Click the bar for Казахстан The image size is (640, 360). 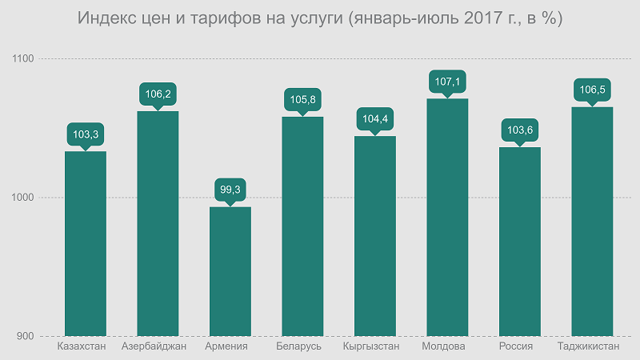coord(86,243)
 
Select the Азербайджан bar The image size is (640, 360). coord(158,223)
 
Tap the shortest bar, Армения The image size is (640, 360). coord(230,271)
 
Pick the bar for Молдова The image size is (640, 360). coord(447,217)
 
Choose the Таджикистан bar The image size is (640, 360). coord(592,221)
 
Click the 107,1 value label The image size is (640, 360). coord(447,82)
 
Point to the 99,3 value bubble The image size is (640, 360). coord(230,190)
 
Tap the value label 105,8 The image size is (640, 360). coord(302,100)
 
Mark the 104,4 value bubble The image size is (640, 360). coord(374,119)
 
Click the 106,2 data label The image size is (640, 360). coord(158,94)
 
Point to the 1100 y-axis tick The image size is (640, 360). coord(24,59)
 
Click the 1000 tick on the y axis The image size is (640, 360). coord(24,198)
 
